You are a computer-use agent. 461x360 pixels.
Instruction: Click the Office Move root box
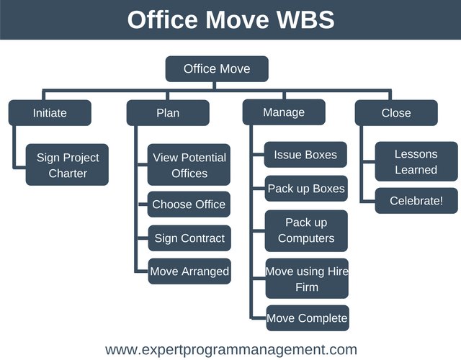click(x=217, y=69)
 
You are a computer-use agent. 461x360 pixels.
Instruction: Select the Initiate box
click(x=50, y=112)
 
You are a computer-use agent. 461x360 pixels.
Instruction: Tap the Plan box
click(x=168, y=112)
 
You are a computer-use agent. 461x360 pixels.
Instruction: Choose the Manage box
click(x=284, y=112)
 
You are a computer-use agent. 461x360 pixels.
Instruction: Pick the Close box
click(x=396, y=112)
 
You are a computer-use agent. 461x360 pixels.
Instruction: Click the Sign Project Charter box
click(x=68, y=165)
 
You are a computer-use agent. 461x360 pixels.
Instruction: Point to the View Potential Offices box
click(x=189, y=165)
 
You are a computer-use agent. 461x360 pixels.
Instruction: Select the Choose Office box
click(x=189, y=204)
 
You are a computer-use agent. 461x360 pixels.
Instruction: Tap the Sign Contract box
click(x=189, y=238)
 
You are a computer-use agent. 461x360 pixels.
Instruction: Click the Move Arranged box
click(x=189, y=271)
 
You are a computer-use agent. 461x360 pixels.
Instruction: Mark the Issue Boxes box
click(x=306, y=154)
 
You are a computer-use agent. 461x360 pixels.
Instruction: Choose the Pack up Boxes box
click(x=306, y=189)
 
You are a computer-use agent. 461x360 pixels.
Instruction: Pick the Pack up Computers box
click(x=306, y=230)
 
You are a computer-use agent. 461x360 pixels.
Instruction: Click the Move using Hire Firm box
click(x=306, y=279)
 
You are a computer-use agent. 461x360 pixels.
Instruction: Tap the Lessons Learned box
click(x=416, y=161)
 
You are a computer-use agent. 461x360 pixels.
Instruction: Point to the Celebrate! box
click(x=416, y=201)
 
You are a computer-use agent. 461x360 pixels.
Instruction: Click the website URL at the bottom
click(x=230, y=350)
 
